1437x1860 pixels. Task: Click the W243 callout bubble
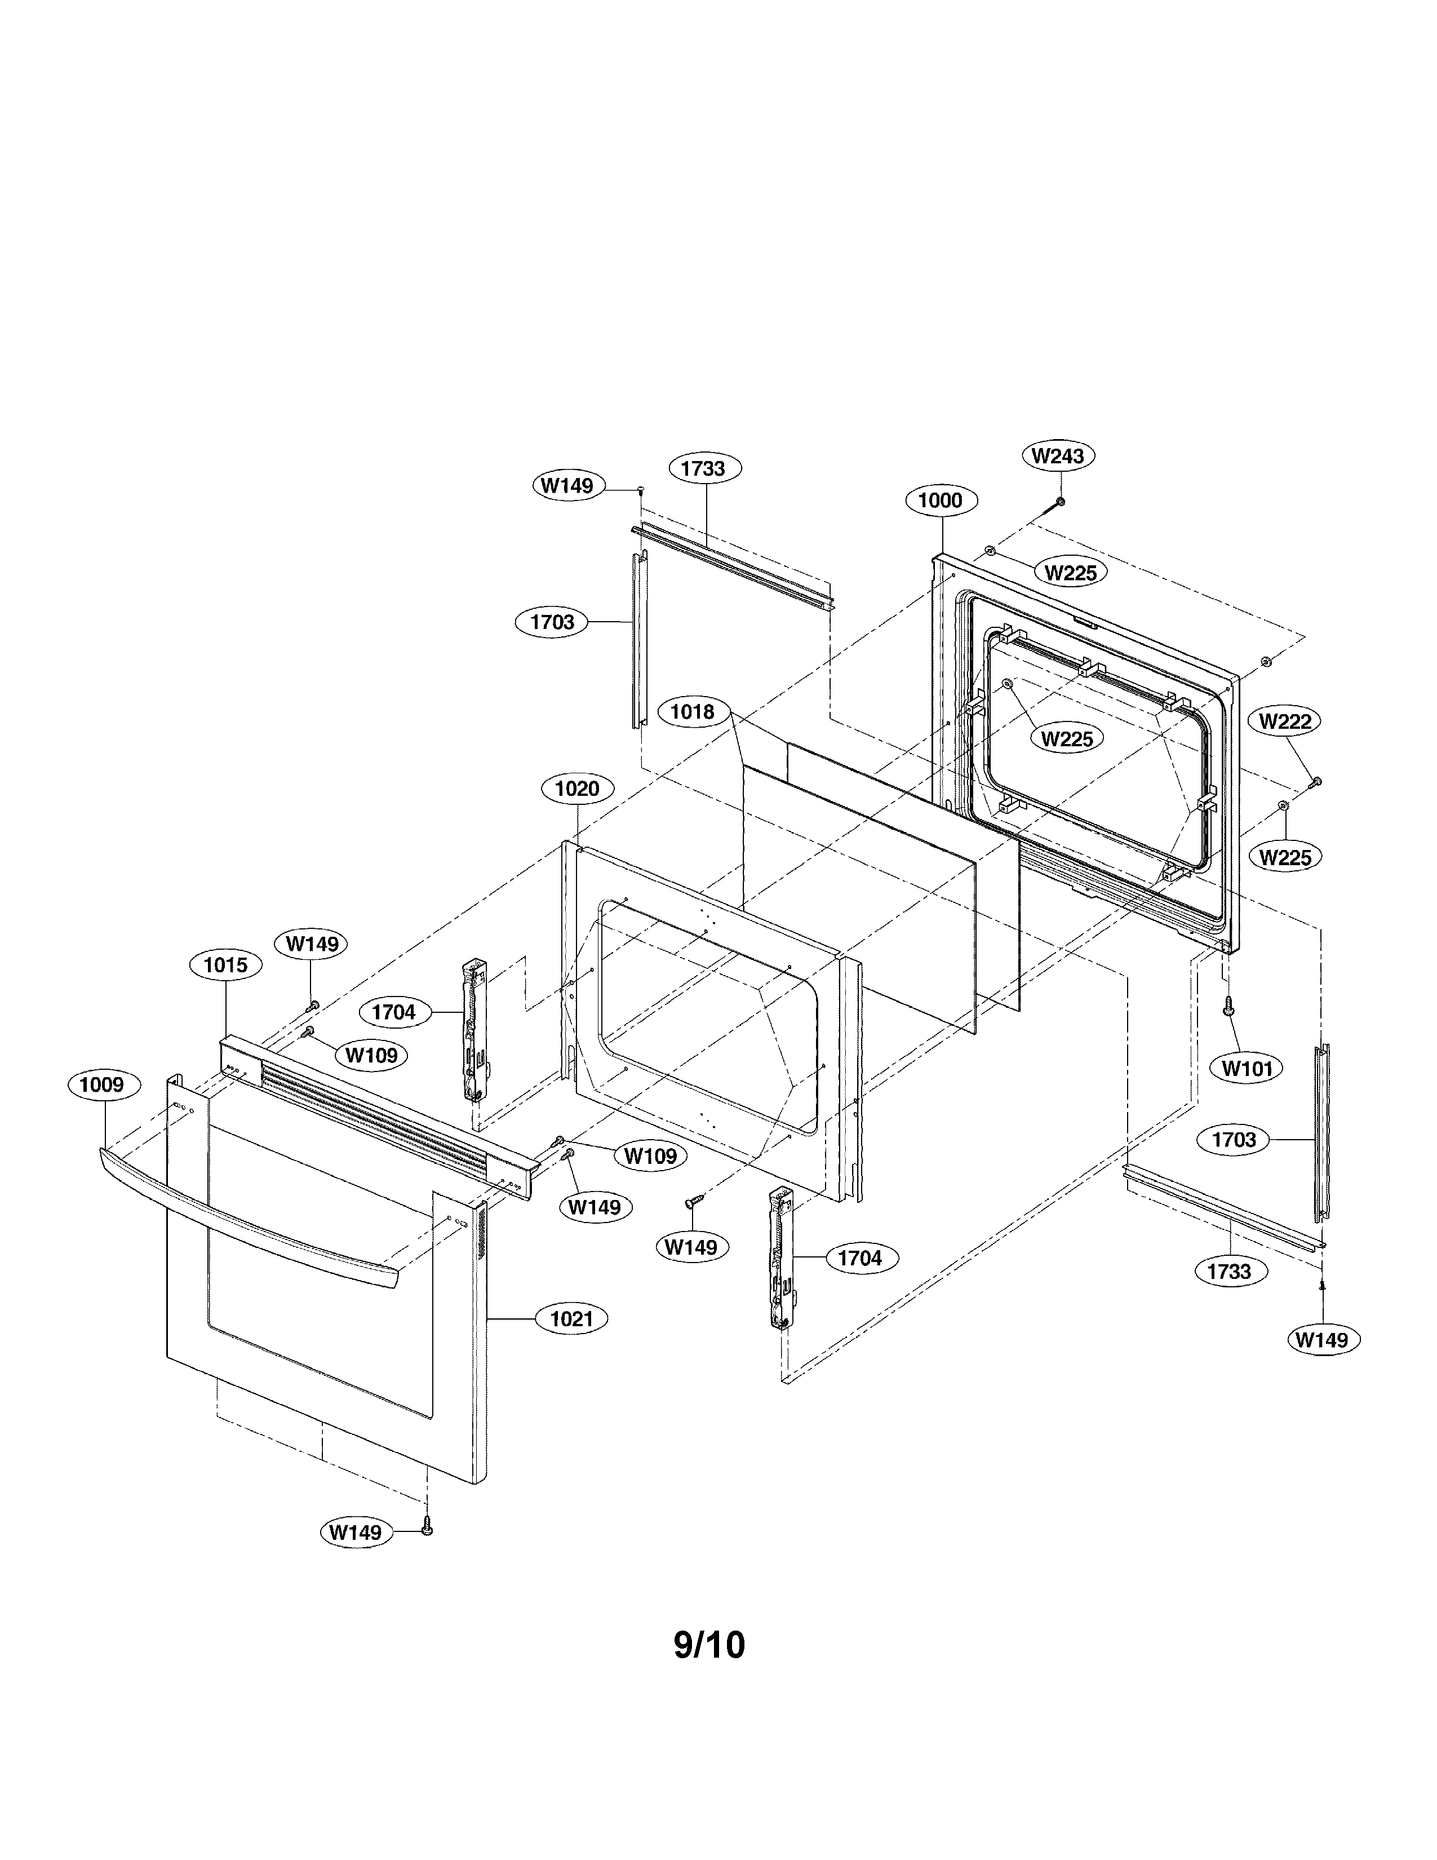[1058, 455]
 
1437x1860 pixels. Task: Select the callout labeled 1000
[940, 500]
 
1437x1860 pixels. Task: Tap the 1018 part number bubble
[692, 711]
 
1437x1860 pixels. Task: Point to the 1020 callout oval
[577, 789]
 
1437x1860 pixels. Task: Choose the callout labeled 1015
[225, 965]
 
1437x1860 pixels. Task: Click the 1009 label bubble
[101, 1084]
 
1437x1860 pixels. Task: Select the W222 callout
[1285, 720]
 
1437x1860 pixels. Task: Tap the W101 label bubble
[1247, 1068]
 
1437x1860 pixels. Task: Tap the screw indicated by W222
[1315, 781]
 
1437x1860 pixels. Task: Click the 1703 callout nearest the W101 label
[1234, 1140]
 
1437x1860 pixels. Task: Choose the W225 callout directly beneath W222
[1285, 857]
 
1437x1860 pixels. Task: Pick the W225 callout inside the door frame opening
[1067, 738]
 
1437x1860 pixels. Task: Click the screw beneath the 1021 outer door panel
[427, 1530]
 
